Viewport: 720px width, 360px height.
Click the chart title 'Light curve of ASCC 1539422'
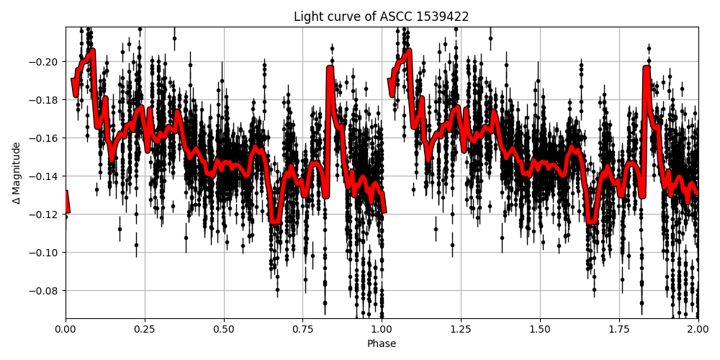(x=381, y=17)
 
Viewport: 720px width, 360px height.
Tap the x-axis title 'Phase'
(x=382, y=344)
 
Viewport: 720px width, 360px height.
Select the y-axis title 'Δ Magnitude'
(x=16, y=173)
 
